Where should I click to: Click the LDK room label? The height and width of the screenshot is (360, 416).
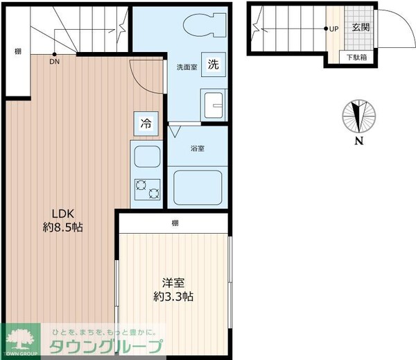point(60,220)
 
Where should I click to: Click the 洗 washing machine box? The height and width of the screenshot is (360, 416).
point(214,65)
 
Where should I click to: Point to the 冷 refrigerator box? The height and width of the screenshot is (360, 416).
point(146,124)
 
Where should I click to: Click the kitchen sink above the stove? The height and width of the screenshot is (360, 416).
point(146,158)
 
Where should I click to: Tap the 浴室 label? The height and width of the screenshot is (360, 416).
point(197,148)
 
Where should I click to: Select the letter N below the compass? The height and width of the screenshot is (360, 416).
point(359,142)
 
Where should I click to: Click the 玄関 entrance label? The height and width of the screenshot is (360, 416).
point(360,28)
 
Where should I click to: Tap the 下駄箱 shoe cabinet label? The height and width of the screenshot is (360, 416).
point(357,58)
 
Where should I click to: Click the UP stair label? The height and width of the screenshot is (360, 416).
point(333,29)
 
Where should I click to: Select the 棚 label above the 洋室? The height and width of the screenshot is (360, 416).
point(175,223)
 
